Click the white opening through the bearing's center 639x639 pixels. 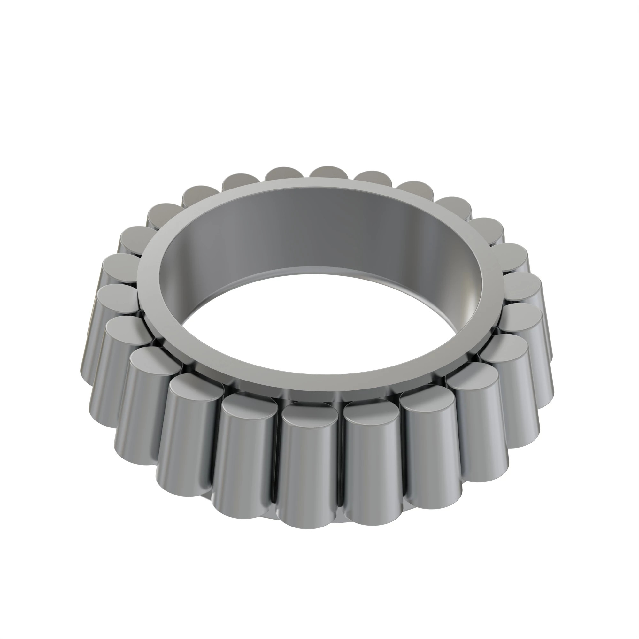(x=318, y=324)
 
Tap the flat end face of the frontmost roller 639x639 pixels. (x=310, y=418)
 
